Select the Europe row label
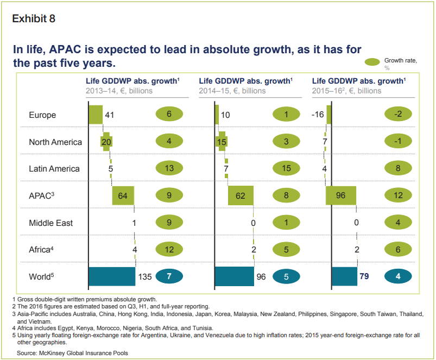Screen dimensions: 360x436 coord(42,115)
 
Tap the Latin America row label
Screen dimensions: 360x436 coord(54,169)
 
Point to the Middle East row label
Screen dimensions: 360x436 coord(50,223)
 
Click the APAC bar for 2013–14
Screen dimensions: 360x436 coord(123,195)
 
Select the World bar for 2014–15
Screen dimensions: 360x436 coord(235,276)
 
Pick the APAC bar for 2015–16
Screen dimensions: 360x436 coord(341,195)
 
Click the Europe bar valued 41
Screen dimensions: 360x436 coord(96,115)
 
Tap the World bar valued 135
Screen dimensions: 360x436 coord(112,276)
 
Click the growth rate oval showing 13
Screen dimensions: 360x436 coord(170,168)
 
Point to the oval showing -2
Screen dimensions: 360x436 coord(399,115)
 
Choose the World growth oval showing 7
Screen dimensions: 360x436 coord(170,276)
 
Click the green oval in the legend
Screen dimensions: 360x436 coord(372,61)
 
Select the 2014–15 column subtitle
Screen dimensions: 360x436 coord(232,91)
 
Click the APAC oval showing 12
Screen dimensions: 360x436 coord(399,195)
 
